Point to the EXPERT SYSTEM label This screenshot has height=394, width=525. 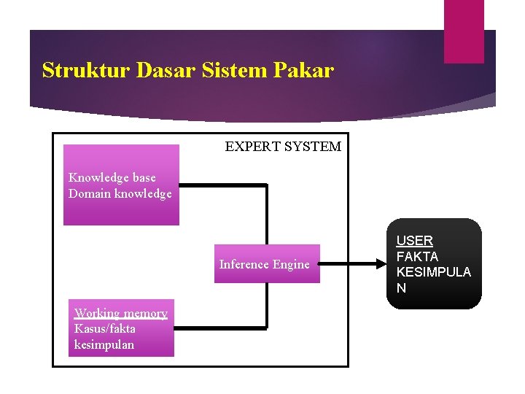pos(283,147)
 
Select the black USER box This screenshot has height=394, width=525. pos(434,263)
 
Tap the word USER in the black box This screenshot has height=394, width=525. pos(415,241)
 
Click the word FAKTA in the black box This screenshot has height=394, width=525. pos(417,257)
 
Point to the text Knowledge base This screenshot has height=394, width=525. pos(112,177)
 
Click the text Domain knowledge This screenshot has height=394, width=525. pos(120,193)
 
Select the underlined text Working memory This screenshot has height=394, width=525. pos(121,314)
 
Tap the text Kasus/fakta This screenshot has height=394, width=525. pos(104,329)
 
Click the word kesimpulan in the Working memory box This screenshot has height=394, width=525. pos(104,345)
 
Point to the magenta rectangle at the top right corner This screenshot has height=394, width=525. pos(464,31)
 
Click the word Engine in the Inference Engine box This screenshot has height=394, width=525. pos(291,265)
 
